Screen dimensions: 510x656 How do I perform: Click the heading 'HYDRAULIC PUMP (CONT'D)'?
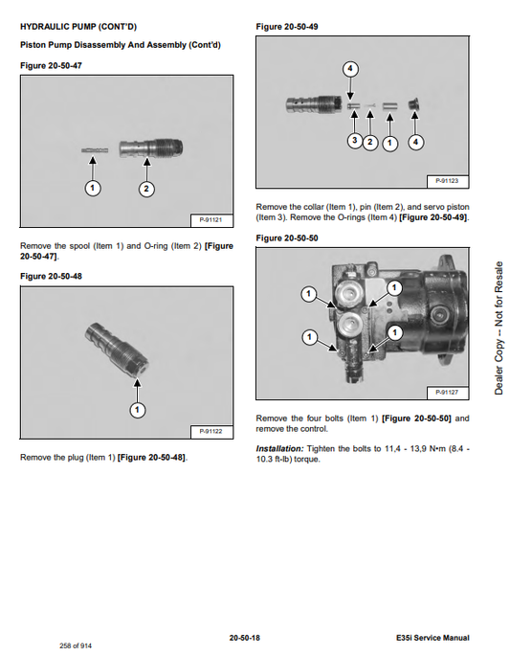[78, 27]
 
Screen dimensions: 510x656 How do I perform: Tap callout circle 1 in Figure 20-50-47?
[93, 188]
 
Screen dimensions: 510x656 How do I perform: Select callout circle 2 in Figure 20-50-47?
[146, 189]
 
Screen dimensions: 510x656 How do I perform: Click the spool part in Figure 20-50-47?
[95, 150]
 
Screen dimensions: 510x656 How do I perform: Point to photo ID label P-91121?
[211, 220]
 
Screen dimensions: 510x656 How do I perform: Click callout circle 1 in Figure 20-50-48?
[137, 410]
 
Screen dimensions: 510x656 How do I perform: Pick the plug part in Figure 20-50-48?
[117, 350]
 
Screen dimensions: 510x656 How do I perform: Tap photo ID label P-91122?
[211, 431]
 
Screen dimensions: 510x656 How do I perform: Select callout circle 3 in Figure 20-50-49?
[354, 140]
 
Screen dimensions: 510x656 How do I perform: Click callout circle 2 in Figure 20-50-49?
[370, 143]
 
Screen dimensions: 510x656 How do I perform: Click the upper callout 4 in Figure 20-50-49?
[350, 69]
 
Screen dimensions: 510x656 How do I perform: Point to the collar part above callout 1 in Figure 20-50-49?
[389, 105]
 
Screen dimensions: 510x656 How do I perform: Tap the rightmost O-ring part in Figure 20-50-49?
[414, 104]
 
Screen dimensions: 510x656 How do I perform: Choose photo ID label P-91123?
[447, 181]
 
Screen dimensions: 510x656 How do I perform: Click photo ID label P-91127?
[447, 393]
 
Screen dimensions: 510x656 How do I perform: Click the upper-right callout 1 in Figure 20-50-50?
[394, 288]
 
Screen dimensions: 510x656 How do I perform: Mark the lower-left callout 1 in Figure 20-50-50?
[309, 337]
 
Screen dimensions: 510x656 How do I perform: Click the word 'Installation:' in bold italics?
[279, 449]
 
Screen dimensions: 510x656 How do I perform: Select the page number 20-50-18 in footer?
[245, 638]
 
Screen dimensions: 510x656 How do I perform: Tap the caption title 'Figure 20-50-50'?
[287, 238]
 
